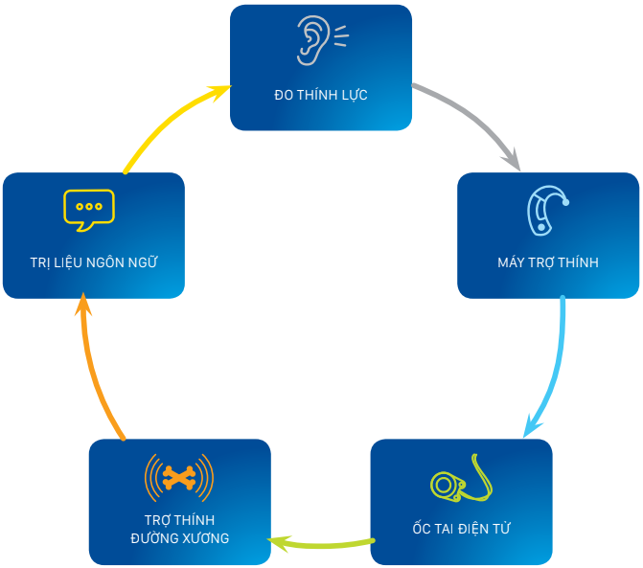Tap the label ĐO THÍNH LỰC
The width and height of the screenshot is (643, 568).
click(x=320, y=95)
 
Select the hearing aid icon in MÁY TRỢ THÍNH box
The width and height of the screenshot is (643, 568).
click(x=547, y=210)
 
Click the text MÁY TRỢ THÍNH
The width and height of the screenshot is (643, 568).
click(x=548, y=262)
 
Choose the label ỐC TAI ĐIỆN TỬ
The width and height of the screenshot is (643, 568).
click(x=461, y=528)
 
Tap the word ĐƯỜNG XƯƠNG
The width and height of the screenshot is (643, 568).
click(x=179, y=538)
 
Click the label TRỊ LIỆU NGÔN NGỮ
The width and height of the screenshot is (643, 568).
click(x=93, y=262)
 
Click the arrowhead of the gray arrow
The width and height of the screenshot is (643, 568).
click(x=512, y=158)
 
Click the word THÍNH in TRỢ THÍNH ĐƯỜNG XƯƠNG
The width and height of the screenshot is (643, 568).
click(x=196, y=520)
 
